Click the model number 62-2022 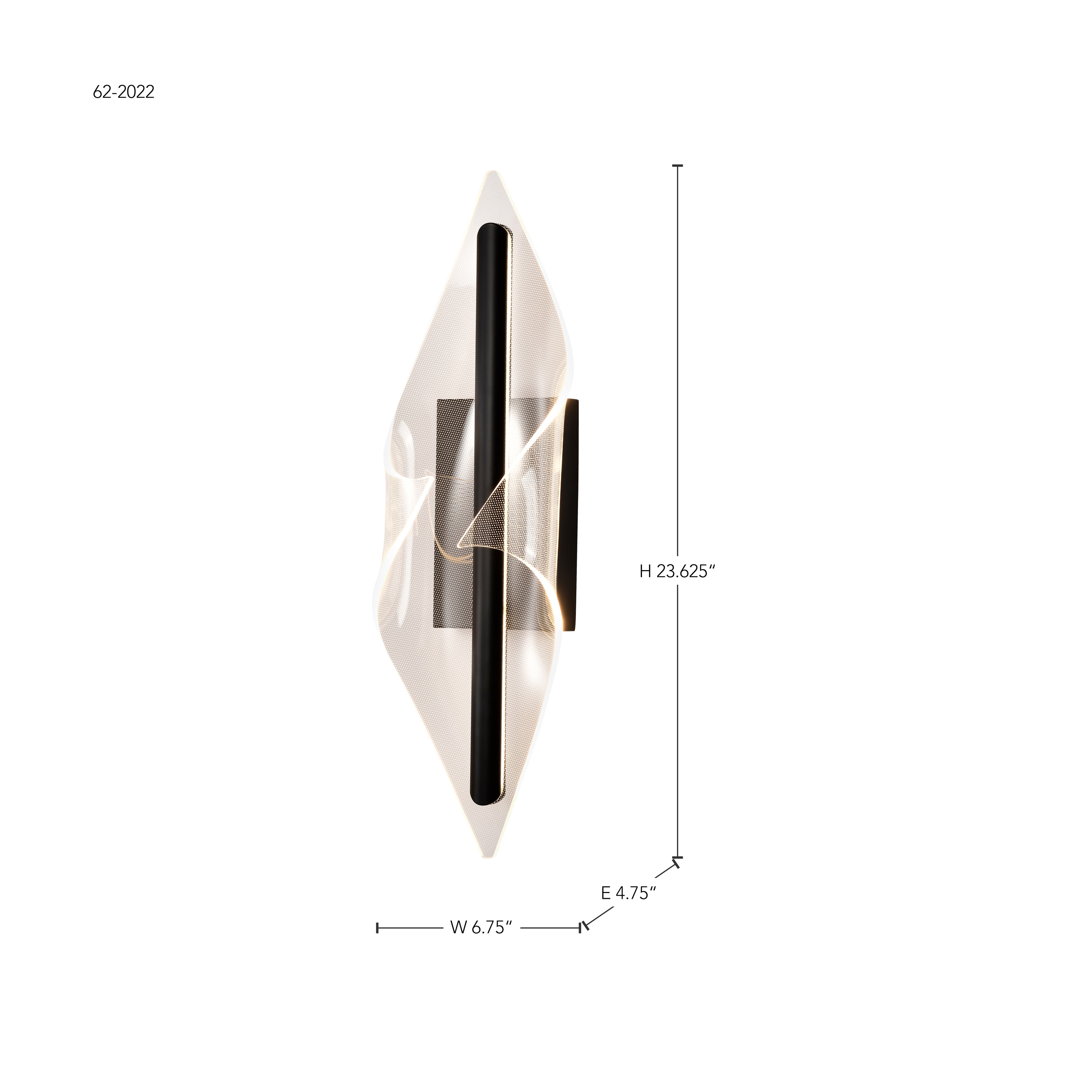(x=123, y=92)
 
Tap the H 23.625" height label (x=676, y=571)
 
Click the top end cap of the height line (x=677, y=166)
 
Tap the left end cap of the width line (x=377, y=928)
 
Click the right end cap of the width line (x=580, y=928)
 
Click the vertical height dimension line (x=677, y=389)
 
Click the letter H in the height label (x=645, y=571)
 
